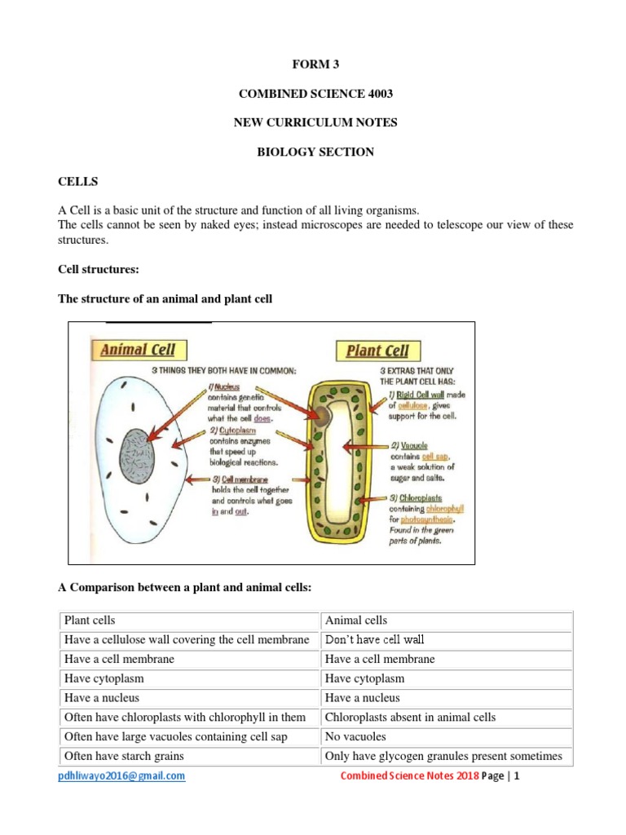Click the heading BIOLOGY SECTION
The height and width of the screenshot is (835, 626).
313,152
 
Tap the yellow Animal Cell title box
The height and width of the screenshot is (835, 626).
138,350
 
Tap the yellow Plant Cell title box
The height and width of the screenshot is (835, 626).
377,351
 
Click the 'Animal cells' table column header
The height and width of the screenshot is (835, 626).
356,621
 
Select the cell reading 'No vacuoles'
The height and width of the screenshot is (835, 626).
355,737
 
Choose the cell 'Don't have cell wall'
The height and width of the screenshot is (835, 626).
374,640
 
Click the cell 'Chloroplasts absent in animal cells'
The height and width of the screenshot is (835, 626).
410,718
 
